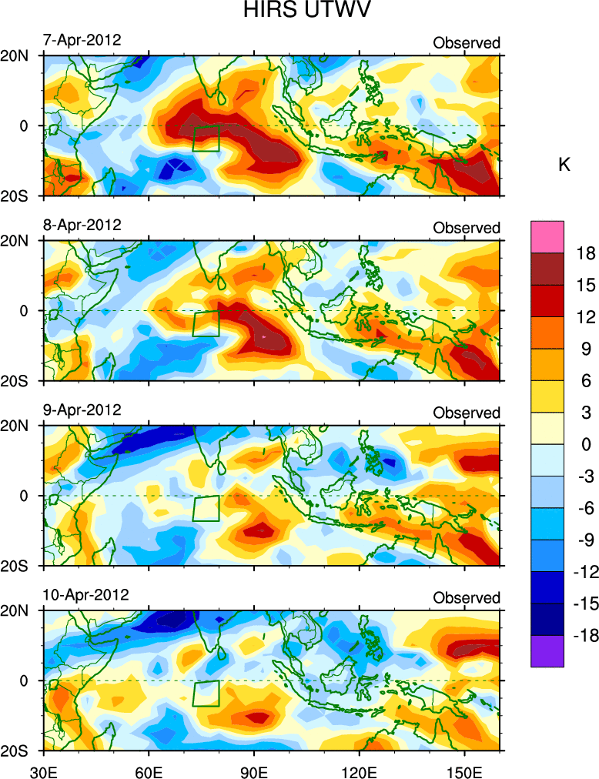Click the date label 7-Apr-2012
82,40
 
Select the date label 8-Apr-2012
82,226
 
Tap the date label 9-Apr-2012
82,410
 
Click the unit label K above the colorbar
564,165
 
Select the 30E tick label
42,769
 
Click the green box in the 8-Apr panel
206,323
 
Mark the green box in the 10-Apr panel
206,694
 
